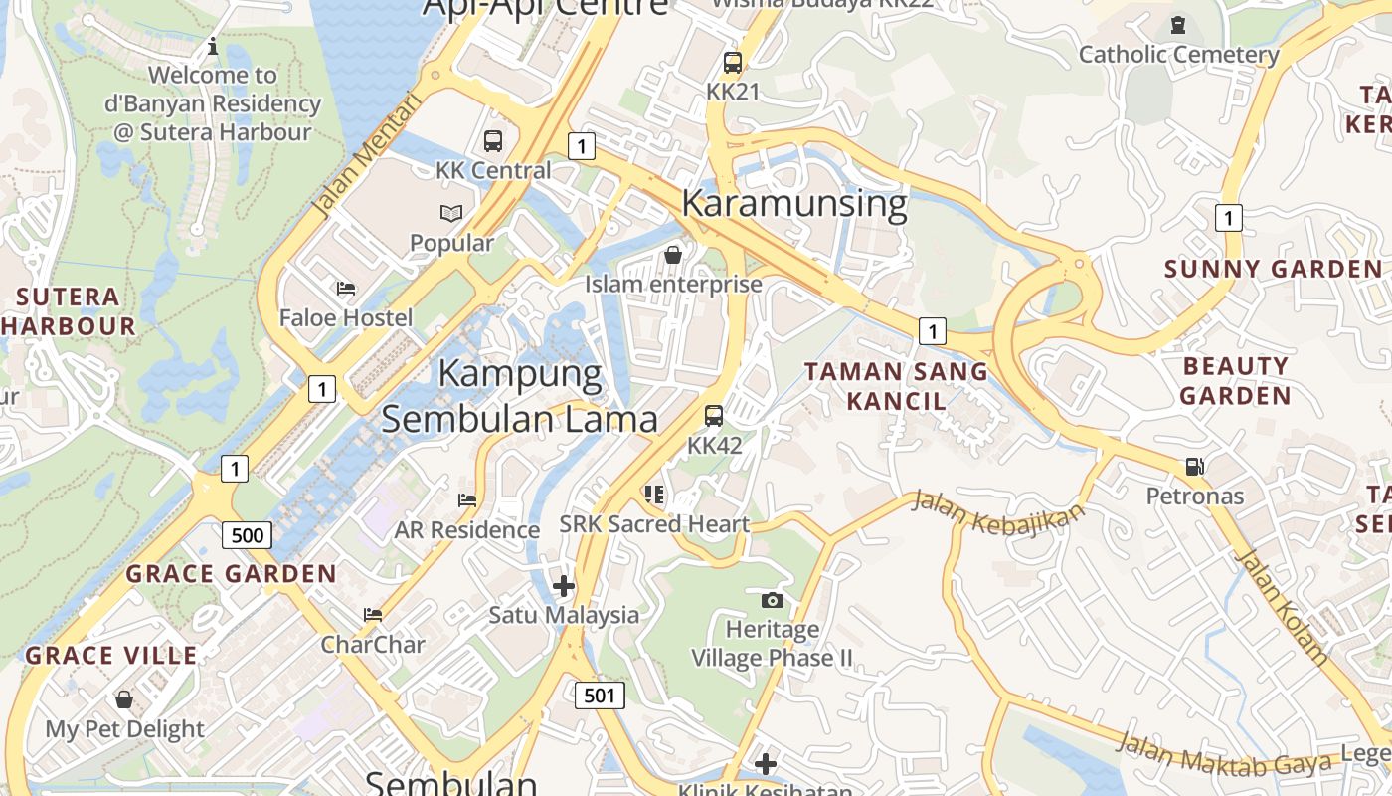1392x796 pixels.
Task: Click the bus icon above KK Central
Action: [493, 141]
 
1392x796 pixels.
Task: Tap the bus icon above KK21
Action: [733, 63]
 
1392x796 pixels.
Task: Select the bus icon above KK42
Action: [714, 416]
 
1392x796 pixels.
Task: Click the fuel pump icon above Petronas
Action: [1194, 467]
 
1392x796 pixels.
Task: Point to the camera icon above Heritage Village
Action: [772, 600]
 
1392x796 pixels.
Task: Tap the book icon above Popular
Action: [451, 213]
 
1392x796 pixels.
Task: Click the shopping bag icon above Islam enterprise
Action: [673, 255]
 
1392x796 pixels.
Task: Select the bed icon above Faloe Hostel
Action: [346, 289]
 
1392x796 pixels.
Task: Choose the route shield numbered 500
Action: [247, 535]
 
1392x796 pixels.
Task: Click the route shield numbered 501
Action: [600, 695]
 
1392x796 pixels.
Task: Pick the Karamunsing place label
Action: [794, 204]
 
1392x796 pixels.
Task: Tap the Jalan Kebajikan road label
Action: [998, 511]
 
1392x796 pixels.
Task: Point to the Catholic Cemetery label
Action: [1178, 55]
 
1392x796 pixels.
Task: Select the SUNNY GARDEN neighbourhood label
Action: [1273, 269]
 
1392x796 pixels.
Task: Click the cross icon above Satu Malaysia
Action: [564, 585]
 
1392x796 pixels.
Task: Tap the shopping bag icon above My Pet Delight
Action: [124, 699]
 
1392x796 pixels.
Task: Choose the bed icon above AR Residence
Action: [467, 499]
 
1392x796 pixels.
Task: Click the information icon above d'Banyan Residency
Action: [212, 46]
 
